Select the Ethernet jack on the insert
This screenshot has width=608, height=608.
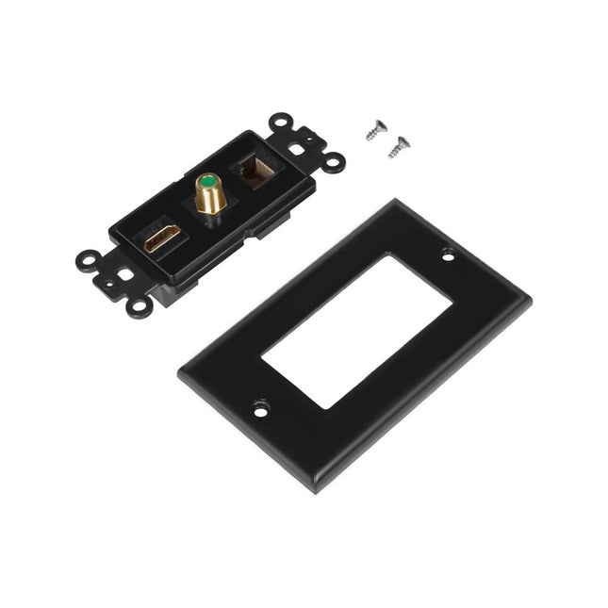(257, 171)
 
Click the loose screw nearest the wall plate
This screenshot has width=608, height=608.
(400, 146)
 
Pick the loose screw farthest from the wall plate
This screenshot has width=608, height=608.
(377, 129)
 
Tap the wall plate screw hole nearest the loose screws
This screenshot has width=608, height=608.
(447, 254)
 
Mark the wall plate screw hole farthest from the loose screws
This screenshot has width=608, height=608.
(260, 409)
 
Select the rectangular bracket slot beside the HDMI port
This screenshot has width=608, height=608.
(123, 275)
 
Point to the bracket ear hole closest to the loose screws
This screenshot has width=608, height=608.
(333, 162)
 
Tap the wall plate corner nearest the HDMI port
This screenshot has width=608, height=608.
(181, 373)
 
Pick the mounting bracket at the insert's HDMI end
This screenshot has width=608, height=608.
(118, 277)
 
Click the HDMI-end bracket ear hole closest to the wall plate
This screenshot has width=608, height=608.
(139, 305)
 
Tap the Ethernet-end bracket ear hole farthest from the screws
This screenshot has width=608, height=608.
(279, 122)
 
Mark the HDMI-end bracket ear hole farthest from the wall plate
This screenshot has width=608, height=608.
(89, 256)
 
